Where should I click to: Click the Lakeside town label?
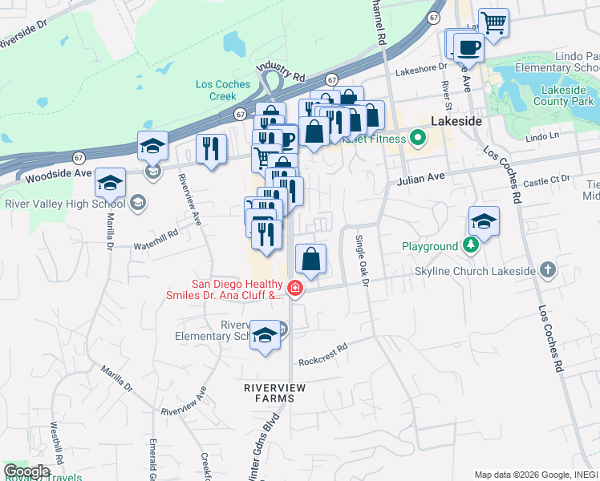pyautogui.click(x=456, y=120)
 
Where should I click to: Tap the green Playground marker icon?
pyautogui.click(x=472, y=246)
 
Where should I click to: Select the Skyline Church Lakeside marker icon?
pyautogui.click(x=547, y=270)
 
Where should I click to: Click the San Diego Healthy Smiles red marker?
pyautogui.click(x=296, y=289)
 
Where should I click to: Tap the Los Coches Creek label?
pyautogui.click(x=223, y=90)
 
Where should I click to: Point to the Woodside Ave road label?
pyautogui.click(x=59, y=174)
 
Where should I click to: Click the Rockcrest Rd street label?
pyautogui.click(x=323, y=350)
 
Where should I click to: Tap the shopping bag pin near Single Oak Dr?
pyautogui.click(x=310, y=260)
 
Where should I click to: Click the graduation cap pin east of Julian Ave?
pyautogui.click(x=484, y=221)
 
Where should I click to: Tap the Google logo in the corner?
pyautogui.click(x=26, y=471)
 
